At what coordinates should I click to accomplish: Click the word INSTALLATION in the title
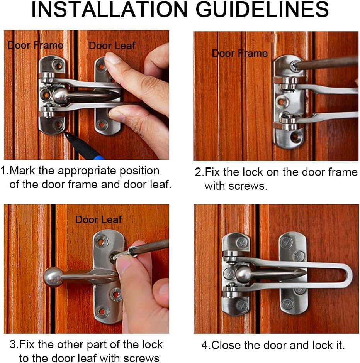(109, 10)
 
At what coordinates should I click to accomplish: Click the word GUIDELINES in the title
(262, 10)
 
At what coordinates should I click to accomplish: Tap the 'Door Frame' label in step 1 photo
(35, 45)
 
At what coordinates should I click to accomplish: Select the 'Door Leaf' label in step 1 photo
(112, 46)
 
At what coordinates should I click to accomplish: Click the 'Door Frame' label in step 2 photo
(240, 54)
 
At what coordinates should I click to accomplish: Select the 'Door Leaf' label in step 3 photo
(98, 219)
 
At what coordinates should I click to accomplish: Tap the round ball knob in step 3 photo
(53, 277)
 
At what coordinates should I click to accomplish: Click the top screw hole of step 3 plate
(101, 242)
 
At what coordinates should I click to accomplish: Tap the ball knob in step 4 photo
(243, 274)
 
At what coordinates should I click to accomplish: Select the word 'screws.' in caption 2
(248, 186)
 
